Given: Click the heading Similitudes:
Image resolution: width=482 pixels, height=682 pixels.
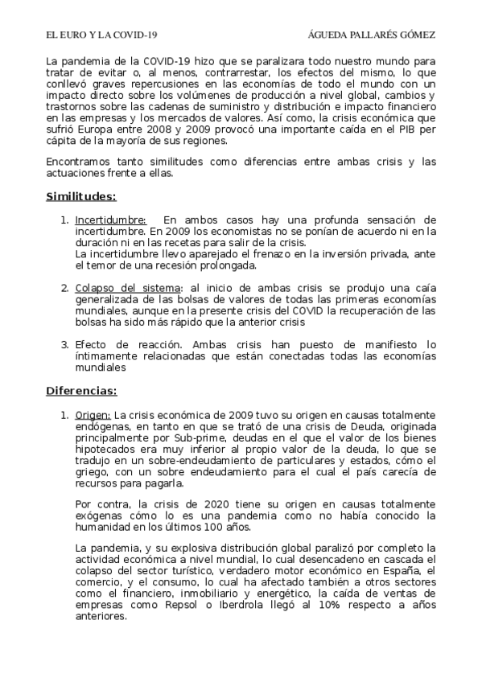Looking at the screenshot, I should click(x=80, y=195).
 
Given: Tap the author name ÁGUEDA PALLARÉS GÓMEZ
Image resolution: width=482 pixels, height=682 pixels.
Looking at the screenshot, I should click(x=372, y=35).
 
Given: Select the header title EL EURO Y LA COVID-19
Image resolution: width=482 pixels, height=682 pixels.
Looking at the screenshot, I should click(x=101, y=35).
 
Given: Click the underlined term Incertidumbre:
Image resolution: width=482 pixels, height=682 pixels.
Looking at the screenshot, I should click(x=110, y=220).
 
